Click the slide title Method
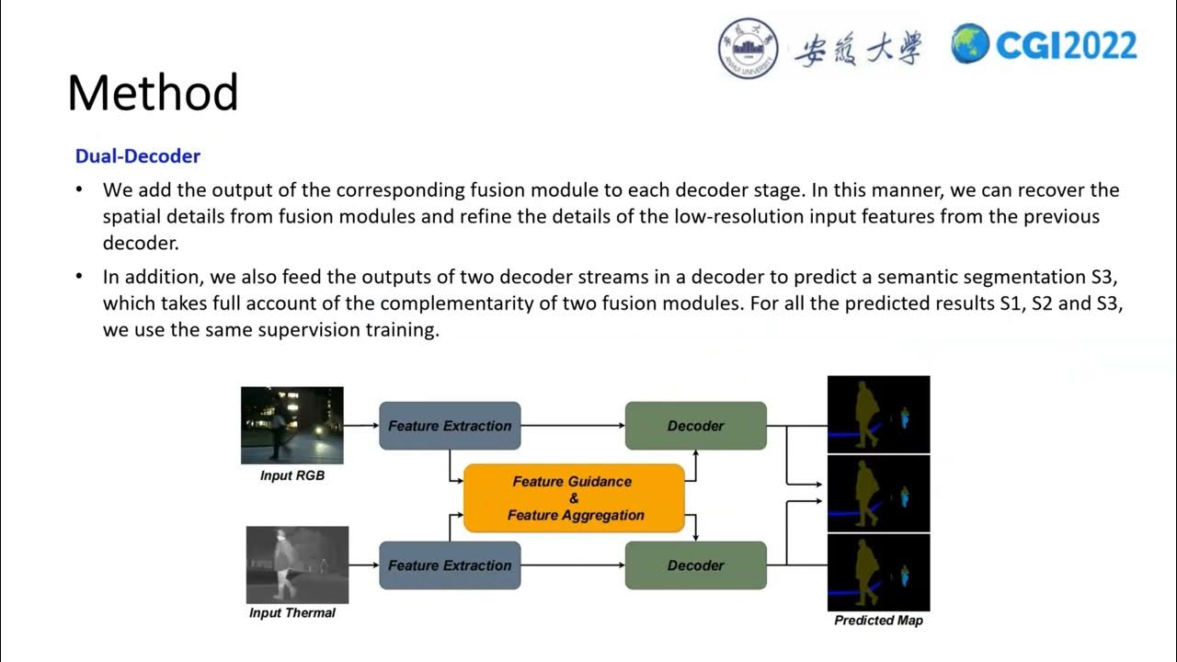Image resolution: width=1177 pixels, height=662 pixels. tap(153, 93)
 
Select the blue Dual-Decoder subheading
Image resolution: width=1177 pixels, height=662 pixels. tap(138, 156)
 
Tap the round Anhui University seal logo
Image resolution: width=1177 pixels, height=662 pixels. tap(748, 48)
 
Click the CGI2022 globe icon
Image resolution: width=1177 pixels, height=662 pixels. tap(970, 44)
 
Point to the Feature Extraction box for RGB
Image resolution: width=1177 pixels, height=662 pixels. tap(450, 426)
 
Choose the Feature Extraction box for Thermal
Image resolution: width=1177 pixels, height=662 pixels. tap(450, 565)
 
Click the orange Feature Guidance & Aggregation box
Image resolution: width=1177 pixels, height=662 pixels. tap(574, 498)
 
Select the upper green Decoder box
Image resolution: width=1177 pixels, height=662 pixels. tap(695, 426)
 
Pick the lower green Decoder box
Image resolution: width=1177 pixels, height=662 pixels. tap(695, 565)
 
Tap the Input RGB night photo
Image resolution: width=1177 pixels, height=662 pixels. tap(291, 425)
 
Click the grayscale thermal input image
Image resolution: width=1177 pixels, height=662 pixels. tap(297, 565)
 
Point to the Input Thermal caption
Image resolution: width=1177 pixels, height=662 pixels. tap(292, 613)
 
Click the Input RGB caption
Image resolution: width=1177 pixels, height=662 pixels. tap(291, 476)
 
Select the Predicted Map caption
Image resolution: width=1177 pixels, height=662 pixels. tap(878, 621)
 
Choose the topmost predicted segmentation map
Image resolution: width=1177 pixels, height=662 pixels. tap(878, 415)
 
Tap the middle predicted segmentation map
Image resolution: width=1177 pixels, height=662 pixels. tap(878, 494)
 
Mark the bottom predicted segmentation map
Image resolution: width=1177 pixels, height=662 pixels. tap(878, 573)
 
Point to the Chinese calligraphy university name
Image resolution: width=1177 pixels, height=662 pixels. tap(857, 48)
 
